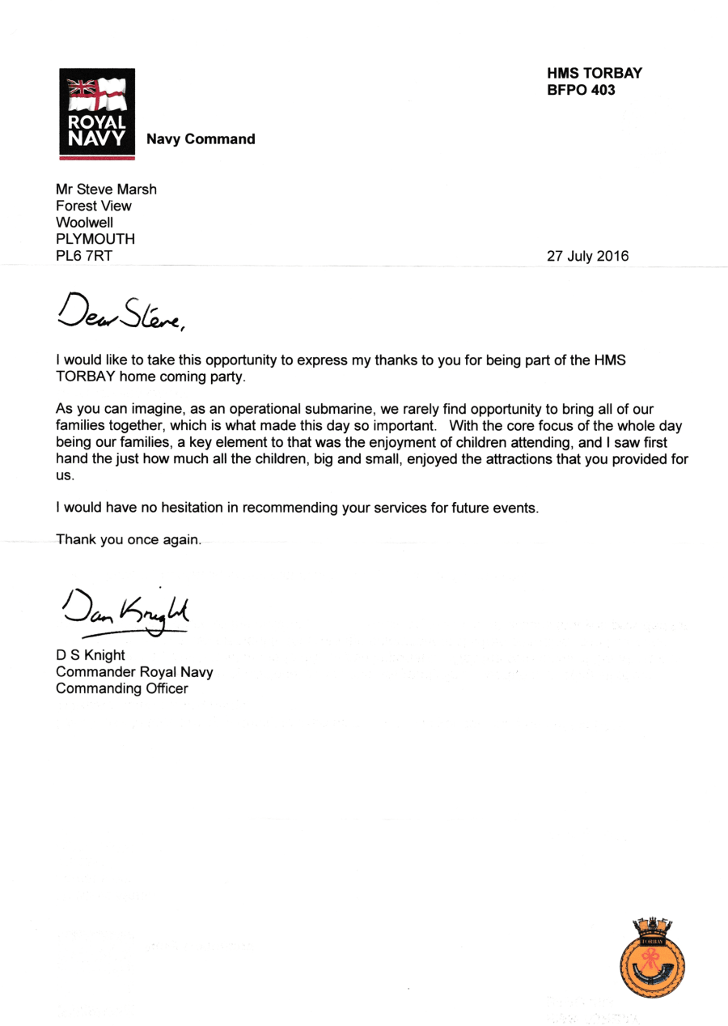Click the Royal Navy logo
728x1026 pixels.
[x=96, y=116]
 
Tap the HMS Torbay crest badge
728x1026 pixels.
[x=652, y=957]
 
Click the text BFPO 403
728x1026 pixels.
[x=581, y=90]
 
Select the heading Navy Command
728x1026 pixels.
[x=201, y=139]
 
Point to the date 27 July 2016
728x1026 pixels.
[x=588, y=258]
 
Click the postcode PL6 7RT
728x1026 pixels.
[x=84, y=257]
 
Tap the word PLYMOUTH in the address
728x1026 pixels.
[x=95, y=240]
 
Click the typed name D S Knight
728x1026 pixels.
[x=91, y=655]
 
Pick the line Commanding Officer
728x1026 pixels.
[x=121, y=689]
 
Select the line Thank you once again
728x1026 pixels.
[x=128, y=540]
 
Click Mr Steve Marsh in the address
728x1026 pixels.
[x=106, y=189]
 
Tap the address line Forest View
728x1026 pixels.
[x=93, y=206]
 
